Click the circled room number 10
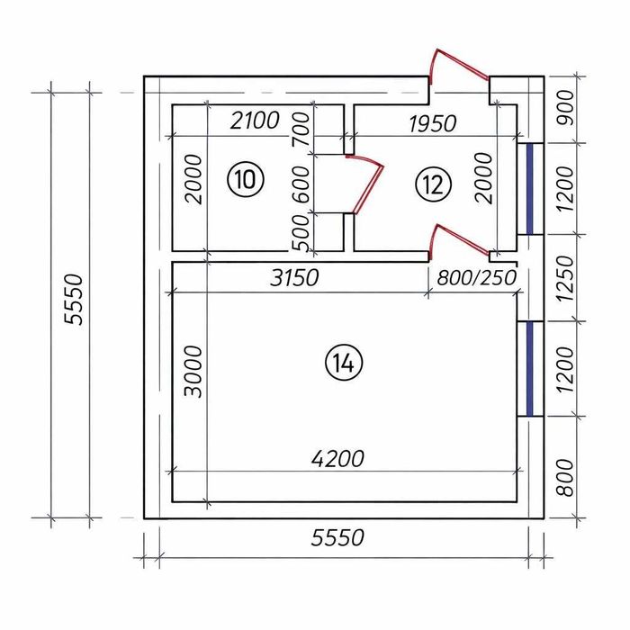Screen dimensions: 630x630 245,179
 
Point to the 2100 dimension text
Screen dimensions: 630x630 255,121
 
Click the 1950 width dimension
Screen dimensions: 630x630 433,123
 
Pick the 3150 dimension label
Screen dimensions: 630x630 294,277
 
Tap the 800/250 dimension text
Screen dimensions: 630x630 476,277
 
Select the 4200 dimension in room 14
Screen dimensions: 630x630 337,458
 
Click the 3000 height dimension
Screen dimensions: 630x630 193,371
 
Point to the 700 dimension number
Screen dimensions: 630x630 301,129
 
